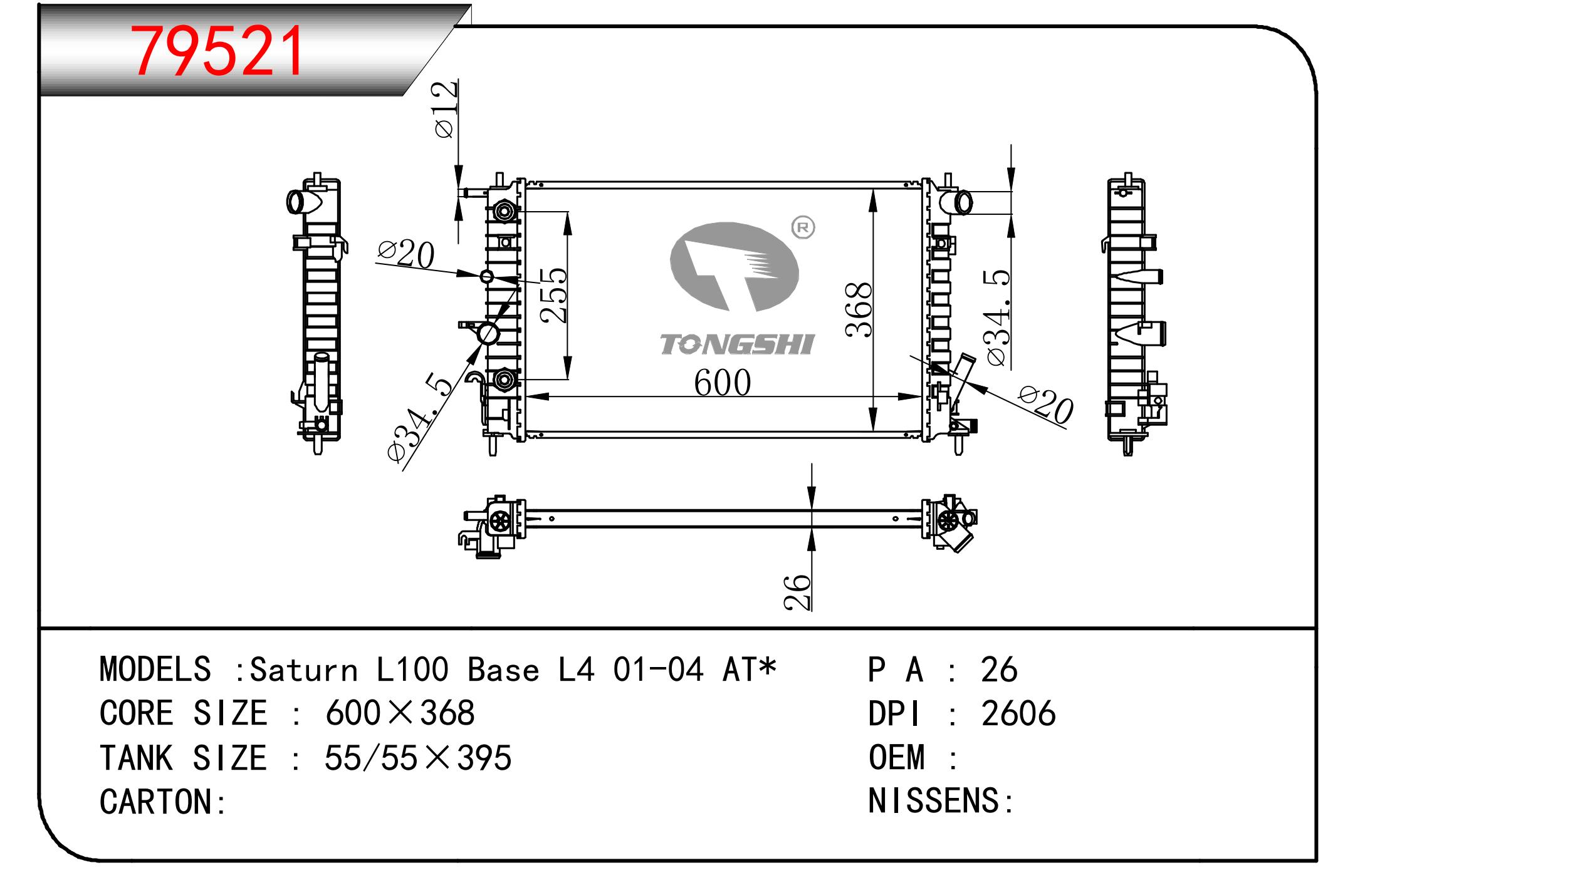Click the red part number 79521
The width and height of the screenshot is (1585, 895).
click(x=217, y=51)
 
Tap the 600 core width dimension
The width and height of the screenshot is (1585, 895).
click(x=722, y=383)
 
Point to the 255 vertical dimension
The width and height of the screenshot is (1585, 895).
click(x=553, y=295)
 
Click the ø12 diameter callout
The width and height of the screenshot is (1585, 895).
click(x=446, y=109)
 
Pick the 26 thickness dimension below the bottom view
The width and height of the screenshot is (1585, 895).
click(x=797, y=591)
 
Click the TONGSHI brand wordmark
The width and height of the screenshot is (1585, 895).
click(x=737, y=344)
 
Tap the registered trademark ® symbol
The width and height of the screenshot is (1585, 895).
click(x=803, y=227)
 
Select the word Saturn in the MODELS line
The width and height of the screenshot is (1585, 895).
click(x=304, y=670)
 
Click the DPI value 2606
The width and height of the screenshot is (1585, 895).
click(x=1018, y=713)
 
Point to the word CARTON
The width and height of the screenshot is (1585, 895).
click(x=156, y=802)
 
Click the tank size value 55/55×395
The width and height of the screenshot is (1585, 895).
click(x=418, y=758)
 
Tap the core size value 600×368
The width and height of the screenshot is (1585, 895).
click(x=400, y=713)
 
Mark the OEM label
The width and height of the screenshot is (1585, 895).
click(x=897, y=757)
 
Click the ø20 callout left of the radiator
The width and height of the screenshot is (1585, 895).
click(x=406, y=255)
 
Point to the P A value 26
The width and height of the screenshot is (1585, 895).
click(x=999, y=670)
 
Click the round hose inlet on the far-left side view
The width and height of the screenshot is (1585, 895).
click(x=295, y=201)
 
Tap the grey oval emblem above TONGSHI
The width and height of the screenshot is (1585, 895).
click(x=734, y=267)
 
